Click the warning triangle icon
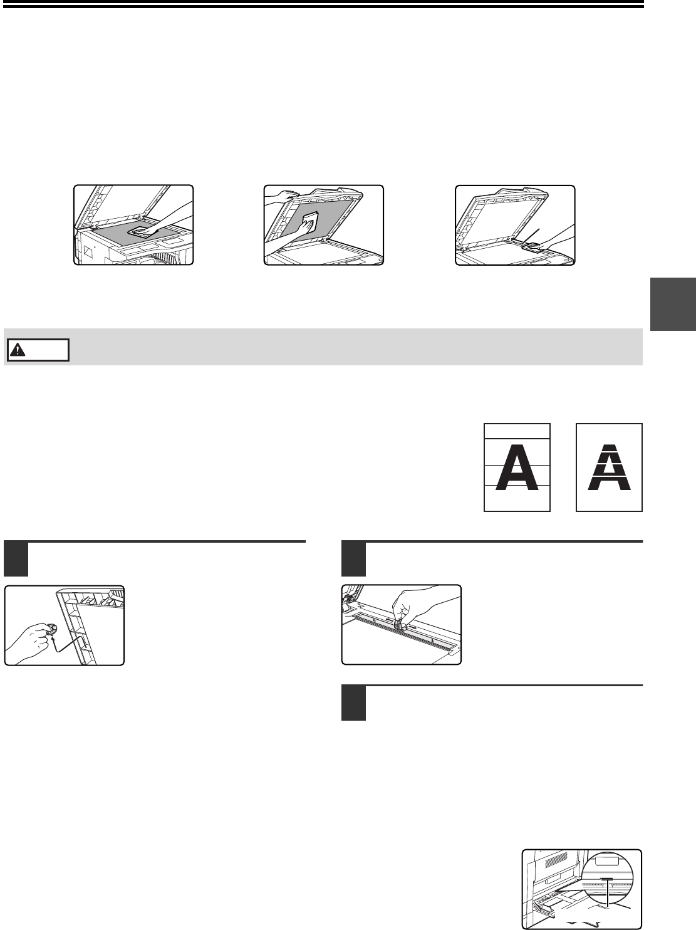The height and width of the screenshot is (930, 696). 18,350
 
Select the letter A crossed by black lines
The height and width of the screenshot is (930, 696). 517,467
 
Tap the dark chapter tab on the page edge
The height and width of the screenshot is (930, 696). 673,304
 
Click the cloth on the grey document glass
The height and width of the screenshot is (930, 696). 142,232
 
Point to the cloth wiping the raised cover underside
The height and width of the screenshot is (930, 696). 310,221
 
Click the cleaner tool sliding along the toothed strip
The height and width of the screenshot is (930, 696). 399,624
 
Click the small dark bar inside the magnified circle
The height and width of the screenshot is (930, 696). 607,879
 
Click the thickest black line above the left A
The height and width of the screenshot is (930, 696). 517,438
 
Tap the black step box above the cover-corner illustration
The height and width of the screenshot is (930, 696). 16,559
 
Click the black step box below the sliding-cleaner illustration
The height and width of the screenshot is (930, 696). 353,703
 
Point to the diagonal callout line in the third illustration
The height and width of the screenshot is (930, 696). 531,236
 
